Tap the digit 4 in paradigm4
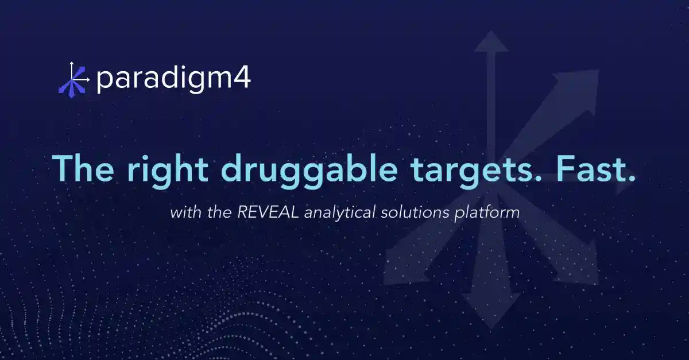click(242, 79)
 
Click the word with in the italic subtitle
click(182, 212)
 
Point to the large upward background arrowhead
click(491, 44)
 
